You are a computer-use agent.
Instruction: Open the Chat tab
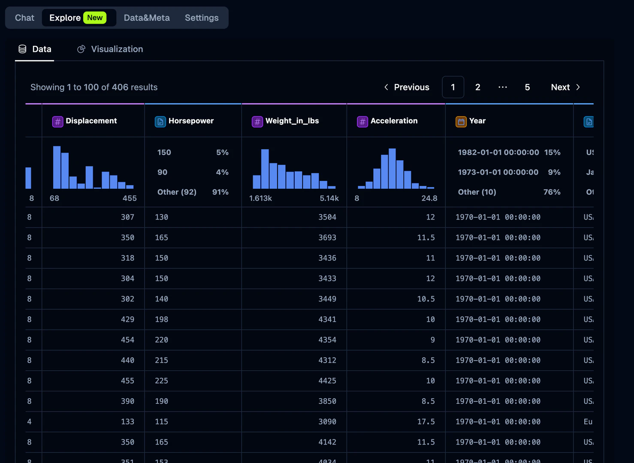[24, 18]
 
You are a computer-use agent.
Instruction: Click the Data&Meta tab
[147, 18]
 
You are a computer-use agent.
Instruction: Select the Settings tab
[202, 18]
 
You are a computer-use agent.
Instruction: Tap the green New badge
[95, 18]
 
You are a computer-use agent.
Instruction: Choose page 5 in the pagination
[527, 87]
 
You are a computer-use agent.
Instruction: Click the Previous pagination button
[406, 87]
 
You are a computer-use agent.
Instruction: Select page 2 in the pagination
[477, 87]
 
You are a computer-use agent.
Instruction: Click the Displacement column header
[91, 121]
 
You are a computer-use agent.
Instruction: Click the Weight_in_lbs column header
[292, 121]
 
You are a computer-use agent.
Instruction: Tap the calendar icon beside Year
[461, 121]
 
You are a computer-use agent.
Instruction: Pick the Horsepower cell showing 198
[161, 319]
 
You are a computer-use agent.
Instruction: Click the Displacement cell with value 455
[127, 381]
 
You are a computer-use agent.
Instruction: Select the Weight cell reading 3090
[327, 421]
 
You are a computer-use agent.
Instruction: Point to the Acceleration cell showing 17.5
[426, 421]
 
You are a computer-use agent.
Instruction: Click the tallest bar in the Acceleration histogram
[392, 168]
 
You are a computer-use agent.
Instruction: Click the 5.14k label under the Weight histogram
[329, 198]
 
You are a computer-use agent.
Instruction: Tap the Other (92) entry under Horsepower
[177, 192]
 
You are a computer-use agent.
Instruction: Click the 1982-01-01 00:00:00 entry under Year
[498, 152]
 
